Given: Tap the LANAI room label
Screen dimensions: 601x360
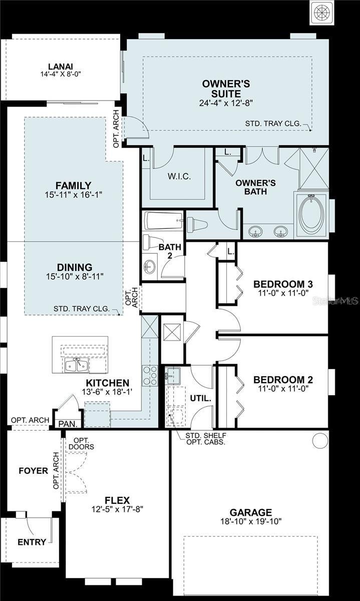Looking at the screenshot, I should tap(61, 67).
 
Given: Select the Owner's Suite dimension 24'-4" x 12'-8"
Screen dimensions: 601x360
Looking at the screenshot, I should tap(226, 103).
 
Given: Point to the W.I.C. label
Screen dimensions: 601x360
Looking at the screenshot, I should tap(178, 177).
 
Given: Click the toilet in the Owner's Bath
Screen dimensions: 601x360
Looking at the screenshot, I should tap(197, 225).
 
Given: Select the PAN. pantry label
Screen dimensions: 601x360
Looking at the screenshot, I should tap(68, 424).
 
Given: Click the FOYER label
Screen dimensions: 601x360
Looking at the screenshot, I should tap(33, 471).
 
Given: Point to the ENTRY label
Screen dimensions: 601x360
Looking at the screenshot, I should tap(32, 542).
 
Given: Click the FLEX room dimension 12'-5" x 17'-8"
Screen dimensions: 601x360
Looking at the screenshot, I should tap(117, 510).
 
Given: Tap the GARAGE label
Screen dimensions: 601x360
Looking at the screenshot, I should tap(250, 512).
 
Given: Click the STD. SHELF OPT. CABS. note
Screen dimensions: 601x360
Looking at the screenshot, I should tap(205, 439).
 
